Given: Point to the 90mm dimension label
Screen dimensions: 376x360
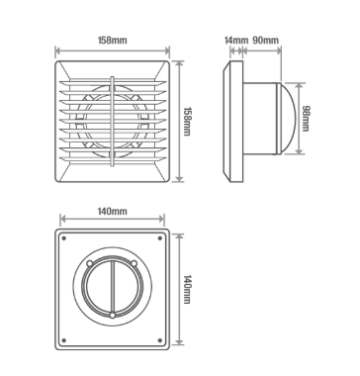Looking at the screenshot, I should tap(265, 41).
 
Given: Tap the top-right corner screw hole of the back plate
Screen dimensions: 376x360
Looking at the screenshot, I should tap(159, 239).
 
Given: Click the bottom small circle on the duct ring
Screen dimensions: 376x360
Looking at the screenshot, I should tap(113, 317).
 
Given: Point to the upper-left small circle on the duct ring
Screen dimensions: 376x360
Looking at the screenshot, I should tap(91, 264).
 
